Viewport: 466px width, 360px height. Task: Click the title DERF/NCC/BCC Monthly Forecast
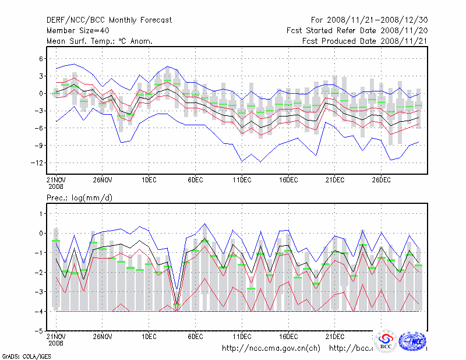tap(109, 20)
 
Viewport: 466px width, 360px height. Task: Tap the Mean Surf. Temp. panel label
tap(100, 41)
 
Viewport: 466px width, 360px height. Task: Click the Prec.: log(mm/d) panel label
tap(79, 198)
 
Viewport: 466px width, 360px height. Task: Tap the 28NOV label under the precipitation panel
tap(103, 337)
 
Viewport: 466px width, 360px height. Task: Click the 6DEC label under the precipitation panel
tap(195, 337)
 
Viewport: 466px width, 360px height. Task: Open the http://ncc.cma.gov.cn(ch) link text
tap(271, 348)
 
